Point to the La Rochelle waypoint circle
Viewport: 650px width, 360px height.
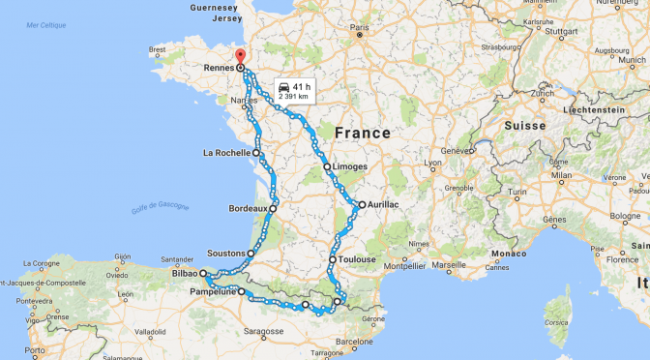(257, 153)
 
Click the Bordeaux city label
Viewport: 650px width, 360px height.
(247, 208)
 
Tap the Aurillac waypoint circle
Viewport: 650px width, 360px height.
(362, 204)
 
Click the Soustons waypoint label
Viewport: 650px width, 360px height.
(223, 254)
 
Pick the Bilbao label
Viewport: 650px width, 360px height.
(186, 275)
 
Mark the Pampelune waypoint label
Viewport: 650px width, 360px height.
(214, 290)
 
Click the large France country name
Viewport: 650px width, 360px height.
(362, 133)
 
